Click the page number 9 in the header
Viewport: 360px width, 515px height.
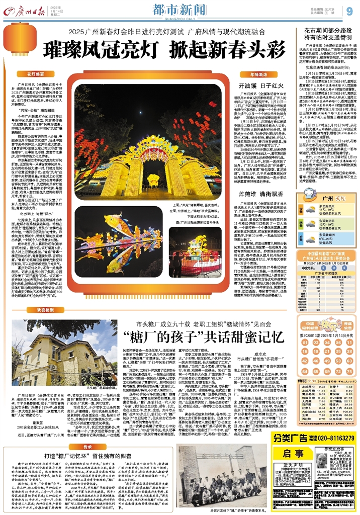[x=349, y=11]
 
